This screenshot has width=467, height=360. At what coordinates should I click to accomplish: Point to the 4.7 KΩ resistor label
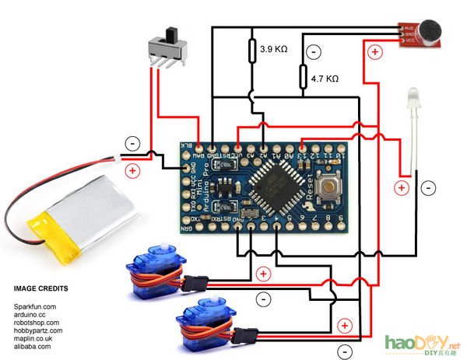click(324, 79)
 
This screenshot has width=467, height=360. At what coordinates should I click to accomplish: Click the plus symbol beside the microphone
click(374, 53)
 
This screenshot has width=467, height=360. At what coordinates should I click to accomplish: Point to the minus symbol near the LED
click(429, 187)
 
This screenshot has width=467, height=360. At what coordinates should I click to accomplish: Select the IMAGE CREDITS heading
click(40, 288)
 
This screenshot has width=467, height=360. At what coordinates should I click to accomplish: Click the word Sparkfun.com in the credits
click(35, 308)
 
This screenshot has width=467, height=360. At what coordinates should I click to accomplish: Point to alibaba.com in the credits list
click(33, 346)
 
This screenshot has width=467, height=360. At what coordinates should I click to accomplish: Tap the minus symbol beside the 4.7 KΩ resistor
click(313, 52)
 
